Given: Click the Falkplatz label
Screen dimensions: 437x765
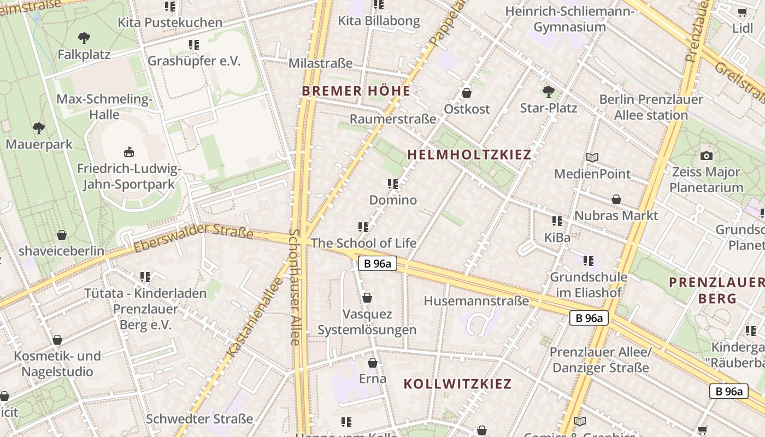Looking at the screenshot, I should [84, 55].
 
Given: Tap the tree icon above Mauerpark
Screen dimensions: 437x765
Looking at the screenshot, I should [38, 128].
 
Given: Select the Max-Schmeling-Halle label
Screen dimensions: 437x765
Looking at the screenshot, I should [104, 107].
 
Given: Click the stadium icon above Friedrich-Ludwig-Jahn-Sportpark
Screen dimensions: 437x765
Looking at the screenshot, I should [129, 152].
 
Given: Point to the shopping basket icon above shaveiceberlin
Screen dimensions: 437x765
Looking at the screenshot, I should [62, 235].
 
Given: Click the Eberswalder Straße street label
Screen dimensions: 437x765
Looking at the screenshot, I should [193, 239].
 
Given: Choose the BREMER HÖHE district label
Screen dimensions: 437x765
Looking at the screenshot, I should [356, 91].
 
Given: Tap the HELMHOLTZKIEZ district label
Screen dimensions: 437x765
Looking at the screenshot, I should [469, 155].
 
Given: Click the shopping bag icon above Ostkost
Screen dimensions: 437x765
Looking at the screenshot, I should [467, 93].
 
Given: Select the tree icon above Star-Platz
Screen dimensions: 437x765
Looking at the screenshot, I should [548, 91].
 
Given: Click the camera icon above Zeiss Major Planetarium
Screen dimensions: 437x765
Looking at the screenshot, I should [707, 156].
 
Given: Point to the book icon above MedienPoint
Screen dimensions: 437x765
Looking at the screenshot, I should [592, 158].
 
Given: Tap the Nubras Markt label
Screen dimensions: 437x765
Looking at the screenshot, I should [616, 215].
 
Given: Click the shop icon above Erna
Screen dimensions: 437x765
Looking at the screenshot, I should [373, 363].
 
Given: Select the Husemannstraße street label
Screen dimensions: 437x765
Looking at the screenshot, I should [476, 301].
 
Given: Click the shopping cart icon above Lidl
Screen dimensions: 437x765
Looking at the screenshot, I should [742, 13].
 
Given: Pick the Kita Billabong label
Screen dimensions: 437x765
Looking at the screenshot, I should [379, 21].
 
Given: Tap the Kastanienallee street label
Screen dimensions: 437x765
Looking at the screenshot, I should [255, 318].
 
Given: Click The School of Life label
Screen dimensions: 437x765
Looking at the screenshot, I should [363, 243].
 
